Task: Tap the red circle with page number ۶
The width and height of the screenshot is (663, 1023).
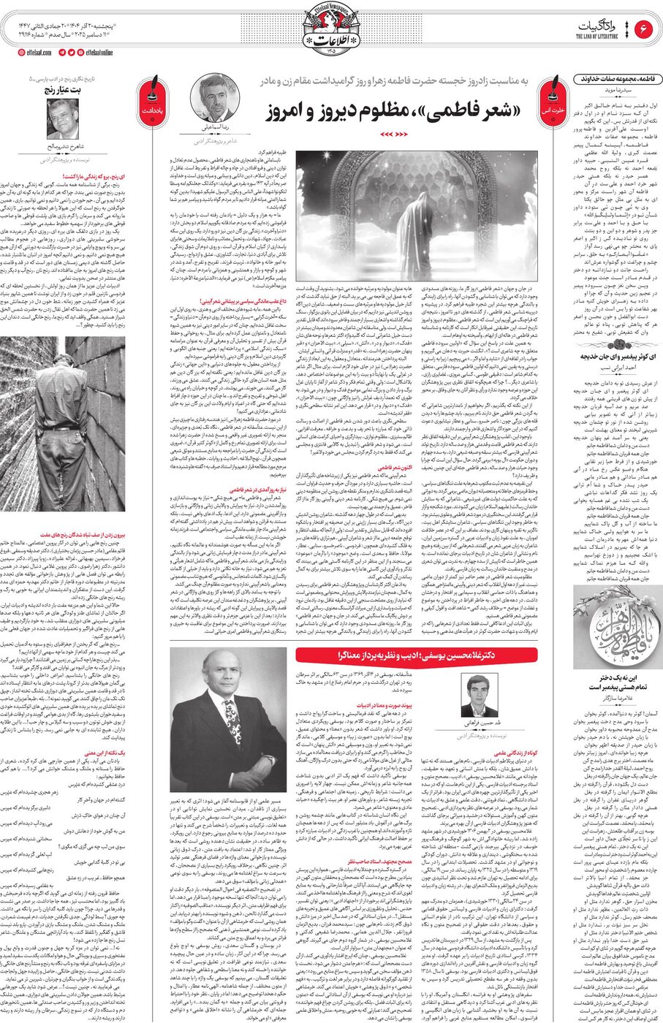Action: point(644,30)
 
